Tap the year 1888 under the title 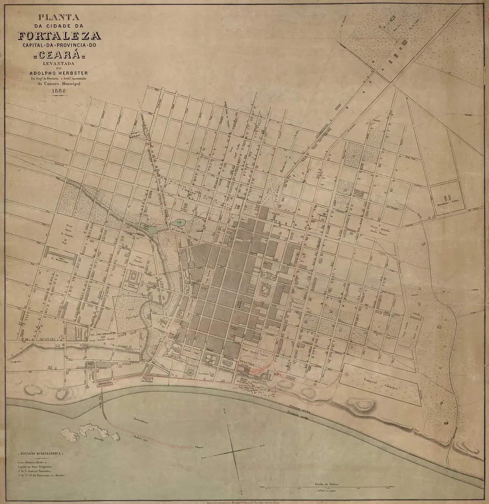(59, 91)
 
